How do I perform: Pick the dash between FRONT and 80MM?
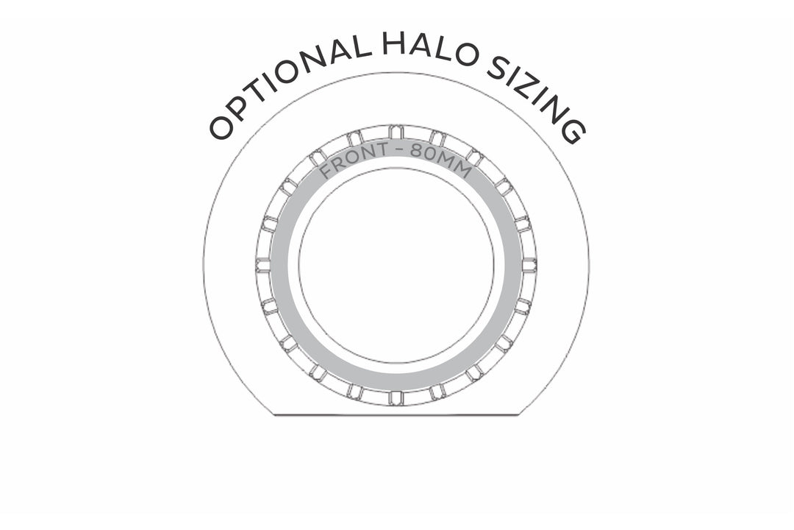(400, 149)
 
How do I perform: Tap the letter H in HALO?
(393, 43)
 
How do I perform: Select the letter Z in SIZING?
(536, 91)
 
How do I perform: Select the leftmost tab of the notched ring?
(263, 265)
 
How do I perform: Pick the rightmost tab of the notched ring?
(529, 265)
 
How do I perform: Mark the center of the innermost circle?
(396, 265)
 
